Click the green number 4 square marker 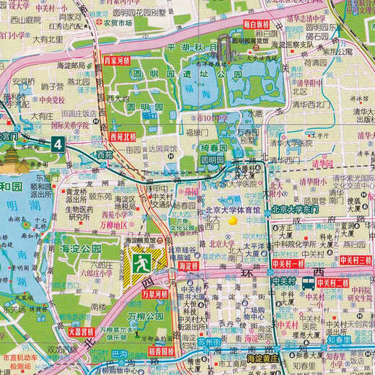pyautogui.click(x=58, y=144)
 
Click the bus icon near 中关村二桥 pyautogui.click(x=309, y=283)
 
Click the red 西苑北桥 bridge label pyautogui.click(x=123, y=135)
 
